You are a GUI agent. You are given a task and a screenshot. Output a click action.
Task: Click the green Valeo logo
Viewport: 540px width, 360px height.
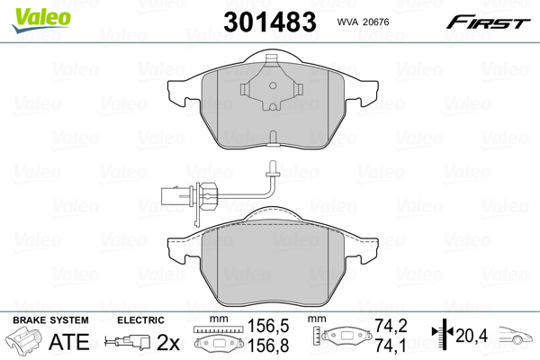pyautogui.click(x=41, y=20)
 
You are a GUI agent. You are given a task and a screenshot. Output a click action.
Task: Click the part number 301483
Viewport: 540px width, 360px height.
pyautogui.click(x=270, y=22)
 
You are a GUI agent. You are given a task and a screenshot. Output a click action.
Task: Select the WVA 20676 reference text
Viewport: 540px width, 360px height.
pyautogui.click(x=363, y=22)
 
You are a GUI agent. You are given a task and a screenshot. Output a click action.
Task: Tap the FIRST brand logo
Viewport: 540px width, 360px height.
pyautogui.click(x=489, y=22)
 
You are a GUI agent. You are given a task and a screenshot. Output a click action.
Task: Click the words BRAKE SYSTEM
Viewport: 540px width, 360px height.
pyautogui.click(x=50, y=320)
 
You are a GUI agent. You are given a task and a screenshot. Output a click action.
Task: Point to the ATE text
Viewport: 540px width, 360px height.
pyautogui.click(x=69, y=342)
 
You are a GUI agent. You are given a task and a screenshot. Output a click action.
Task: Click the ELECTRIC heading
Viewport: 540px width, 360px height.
pyautogui.click(x=140, y=320)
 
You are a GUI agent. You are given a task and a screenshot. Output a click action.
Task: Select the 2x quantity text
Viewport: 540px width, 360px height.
pyautogui.click(x=168, y=342)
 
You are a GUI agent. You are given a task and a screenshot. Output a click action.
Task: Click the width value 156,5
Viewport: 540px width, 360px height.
pyautogui.click(x=268, y=326)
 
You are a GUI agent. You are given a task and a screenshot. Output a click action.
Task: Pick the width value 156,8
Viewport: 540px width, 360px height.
pyautogui.click(x=268, y=346)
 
